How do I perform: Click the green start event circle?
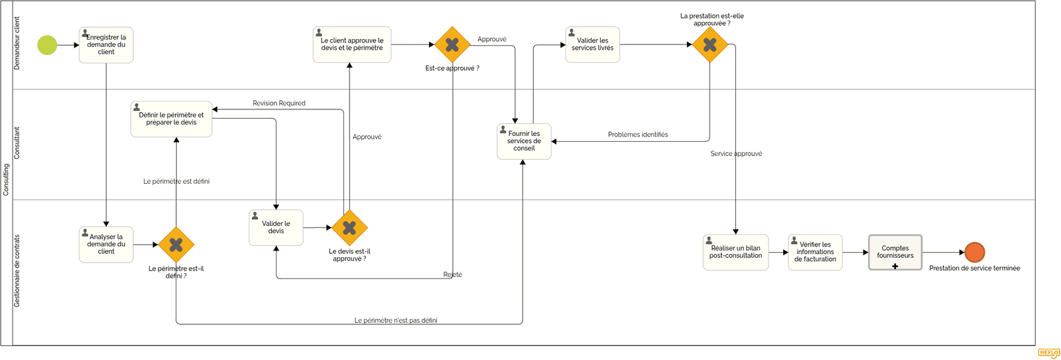47,45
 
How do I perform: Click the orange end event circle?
974,252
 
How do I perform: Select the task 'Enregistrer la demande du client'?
106,45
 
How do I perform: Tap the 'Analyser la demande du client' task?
106,245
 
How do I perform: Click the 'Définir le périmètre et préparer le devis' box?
171,119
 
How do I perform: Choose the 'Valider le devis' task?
276,228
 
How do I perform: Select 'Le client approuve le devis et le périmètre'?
351,44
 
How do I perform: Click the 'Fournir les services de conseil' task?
524,141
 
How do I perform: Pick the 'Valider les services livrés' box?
592,44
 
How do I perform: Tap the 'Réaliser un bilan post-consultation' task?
735,253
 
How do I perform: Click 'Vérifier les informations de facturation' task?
815,253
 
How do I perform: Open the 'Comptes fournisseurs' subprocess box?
895,253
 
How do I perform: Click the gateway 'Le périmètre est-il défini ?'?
176,245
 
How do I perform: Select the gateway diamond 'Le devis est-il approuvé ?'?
349,227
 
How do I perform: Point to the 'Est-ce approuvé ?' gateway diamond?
452,44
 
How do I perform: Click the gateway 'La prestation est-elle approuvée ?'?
710,44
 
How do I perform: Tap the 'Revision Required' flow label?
279,103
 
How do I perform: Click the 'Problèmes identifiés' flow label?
637,135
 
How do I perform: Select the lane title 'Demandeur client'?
17,44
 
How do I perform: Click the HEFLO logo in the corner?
1048,353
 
